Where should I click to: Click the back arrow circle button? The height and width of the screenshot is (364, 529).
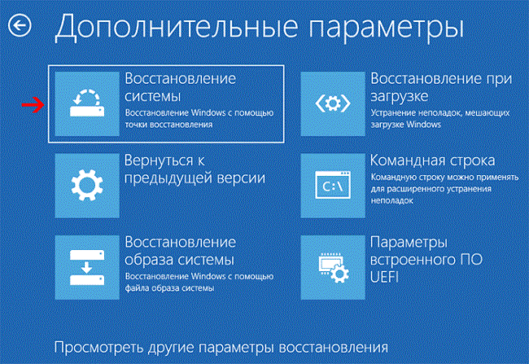pos(20,25)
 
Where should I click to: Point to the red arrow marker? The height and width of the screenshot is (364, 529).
pos(33,105)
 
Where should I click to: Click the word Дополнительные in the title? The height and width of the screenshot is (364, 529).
pos(176,28)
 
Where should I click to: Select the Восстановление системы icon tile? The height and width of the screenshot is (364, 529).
pos(87,103)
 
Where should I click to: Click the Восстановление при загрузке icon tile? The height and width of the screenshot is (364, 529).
pos(333,103)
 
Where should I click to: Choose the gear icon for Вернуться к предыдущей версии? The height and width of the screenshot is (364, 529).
pos(87,186)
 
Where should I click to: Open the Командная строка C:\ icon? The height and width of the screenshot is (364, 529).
pos(333,186)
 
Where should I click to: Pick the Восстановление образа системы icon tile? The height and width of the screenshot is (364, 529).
pos(87,267)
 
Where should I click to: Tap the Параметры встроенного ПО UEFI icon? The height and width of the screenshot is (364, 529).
pos(333,267)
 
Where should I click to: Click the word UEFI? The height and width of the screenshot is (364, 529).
pos(384,277)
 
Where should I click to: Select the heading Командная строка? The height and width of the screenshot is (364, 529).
pos(432,160)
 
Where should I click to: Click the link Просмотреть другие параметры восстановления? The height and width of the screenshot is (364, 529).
pos(221,348)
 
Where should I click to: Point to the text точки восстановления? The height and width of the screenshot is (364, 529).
pos(168,125)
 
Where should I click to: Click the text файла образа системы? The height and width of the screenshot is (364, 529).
pos(170,288)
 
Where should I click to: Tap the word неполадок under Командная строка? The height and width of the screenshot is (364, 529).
pos(391,200)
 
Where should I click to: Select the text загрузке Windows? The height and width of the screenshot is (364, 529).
pos(405,125)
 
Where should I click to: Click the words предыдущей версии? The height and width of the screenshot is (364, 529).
pos(195,178)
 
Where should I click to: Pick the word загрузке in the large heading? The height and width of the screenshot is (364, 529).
pos(399,97)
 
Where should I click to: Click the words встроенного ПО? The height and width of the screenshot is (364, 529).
pos(426,260)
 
